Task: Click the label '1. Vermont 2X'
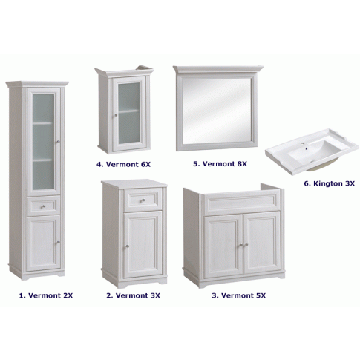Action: [x=46, y=295]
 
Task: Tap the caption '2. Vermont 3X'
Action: [x=134, y=295]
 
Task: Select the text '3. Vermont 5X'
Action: [x=239, y=295]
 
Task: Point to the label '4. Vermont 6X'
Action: [x=123, y=164]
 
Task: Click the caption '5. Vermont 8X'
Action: [x=220, y=163]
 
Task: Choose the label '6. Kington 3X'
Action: [x=330, y=183]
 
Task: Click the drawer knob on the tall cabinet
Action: [x=43, y=206]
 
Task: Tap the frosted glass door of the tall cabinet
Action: [x=44, y=142]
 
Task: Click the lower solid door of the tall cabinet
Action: [x=44, y=243]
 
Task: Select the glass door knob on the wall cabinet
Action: [x=116, y=115]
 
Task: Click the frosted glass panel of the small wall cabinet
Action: [x=129, y=113]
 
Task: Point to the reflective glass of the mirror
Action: [x=217, y=111]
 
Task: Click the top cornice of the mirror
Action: [x=217, y=69]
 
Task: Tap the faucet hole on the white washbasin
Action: [x=307, y=148]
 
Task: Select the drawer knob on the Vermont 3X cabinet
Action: [x=143, y=200]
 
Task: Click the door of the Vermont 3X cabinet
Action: [x=143, y=244]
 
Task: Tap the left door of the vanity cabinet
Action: [x=223, y=244]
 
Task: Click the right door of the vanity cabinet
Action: [x=262, y=243]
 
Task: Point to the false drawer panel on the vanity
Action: [x=242, y=202]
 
